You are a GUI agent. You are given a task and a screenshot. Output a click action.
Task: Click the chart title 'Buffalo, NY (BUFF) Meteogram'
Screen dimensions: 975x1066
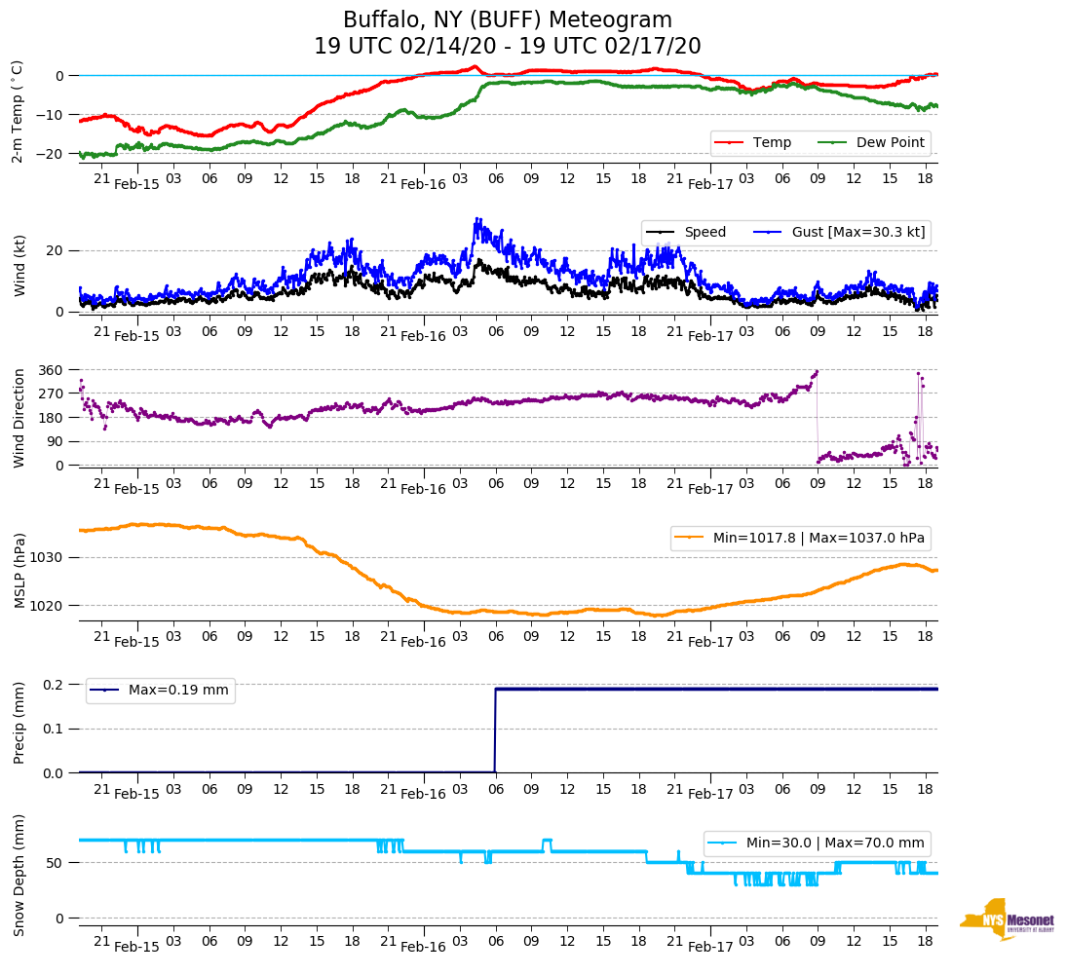507,20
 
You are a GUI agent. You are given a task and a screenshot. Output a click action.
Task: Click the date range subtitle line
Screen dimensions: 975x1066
507,47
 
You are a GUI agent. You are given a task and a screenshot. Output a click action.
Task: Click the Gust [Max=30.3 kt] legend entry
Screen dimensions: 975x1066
857,232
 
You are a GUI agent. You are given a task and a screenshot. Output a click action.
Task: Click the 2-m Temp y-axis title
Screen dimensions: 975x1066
18,111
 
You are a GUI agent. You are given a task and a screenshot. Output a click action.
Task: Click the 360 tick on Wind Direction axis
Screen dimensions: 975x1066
50,370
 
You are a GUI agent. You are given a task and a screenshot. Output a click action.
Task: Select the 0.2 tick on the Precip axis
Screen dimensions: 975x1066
54,685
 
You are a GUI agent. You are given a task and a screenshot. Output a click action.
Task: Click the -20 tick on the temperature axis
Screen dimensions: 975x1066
53,154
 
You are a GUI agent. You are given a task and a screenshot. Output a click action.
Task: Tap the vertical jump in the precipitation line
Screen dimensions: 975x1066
495,731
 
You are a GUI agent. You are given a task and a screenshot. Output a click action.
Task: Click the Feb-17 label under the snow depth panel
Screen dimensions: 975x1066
710,946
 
